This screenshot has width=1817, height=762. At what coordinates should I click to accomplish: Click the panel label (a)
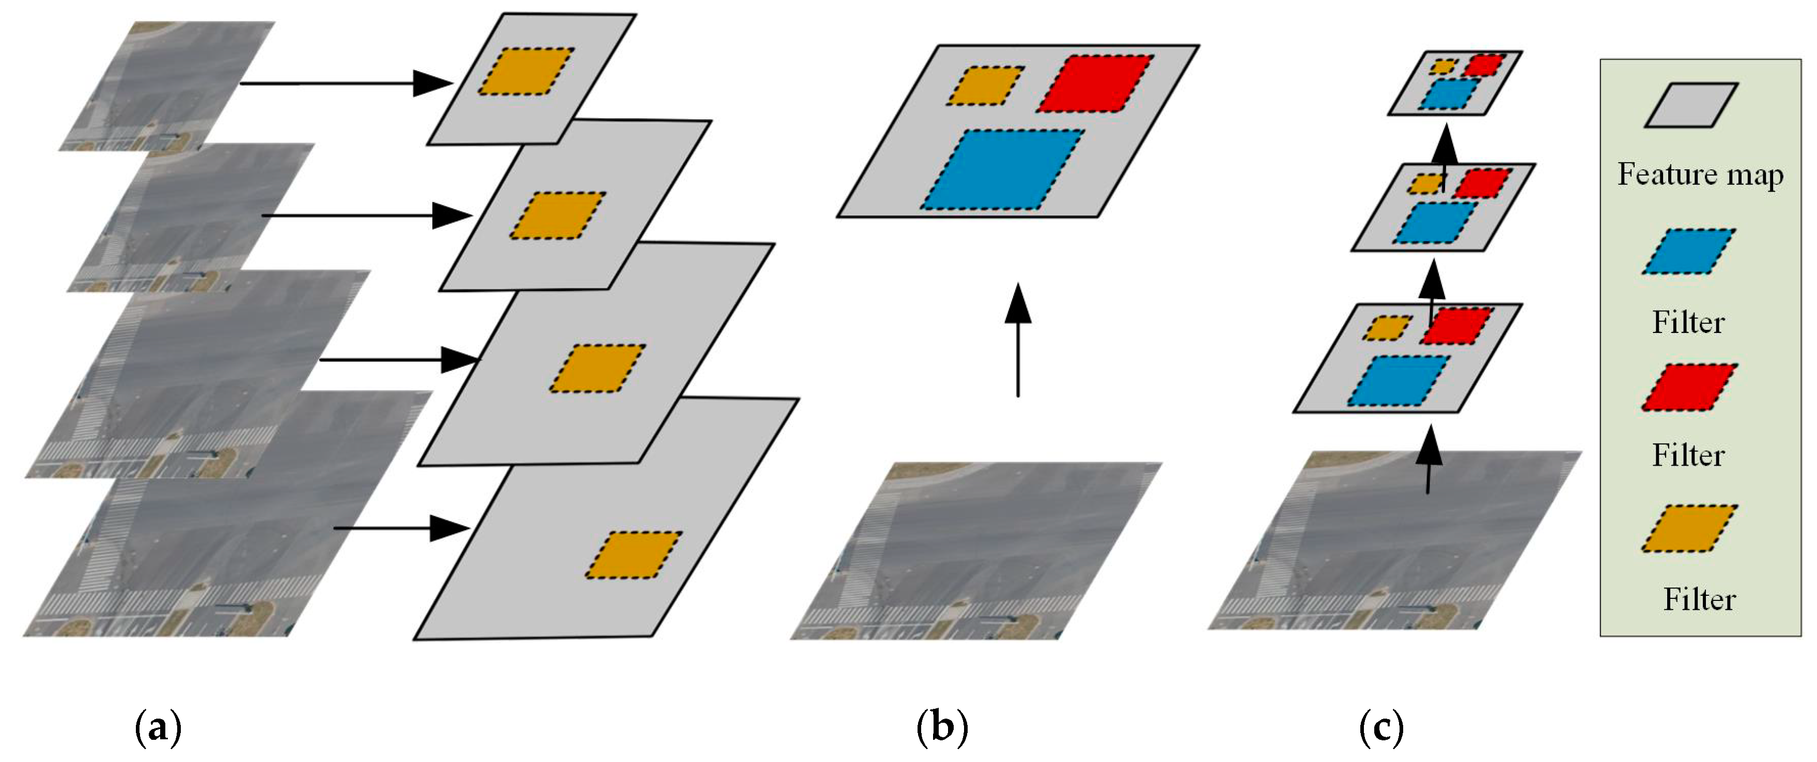158,727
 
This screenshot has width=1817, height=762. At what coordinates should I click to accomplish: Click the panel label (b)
942,727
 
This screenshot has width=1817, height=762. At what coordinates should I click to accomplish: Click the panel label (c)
1380,727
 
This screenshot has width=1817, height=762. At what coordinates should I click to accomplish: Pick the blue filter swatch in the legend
1689,251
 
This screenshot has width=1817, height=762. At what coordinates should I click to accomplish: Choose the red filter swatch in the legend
1689,387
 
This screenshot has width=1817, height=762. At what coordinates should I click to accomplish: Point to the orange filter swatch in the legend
1689,528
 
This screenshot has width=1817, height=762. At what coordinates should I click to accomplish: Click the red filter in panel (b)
1095,83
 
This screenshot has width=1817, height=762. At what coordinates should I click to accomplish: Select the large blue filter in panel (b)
1002,169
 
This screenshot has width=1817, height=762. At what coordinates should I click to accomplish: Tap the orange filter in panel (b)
985,86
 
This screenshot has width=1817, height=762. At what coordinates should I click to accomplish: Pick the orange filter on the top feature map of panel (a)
525,71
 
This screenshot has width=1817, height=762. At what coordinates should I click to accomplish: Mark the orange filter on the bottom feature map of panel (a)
633,555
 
